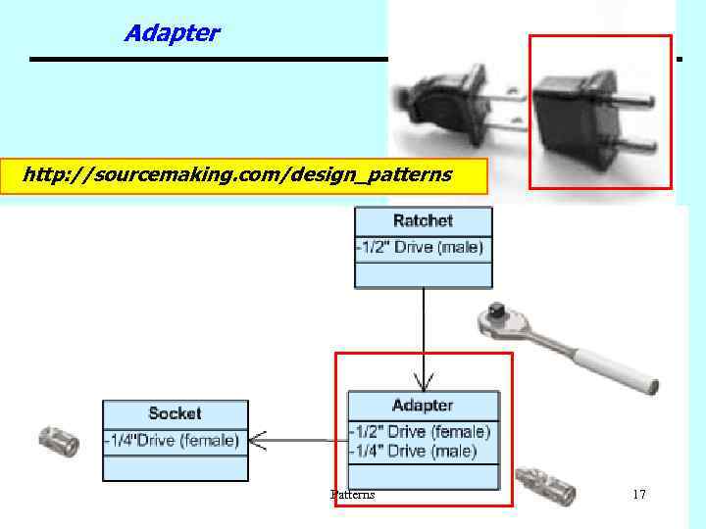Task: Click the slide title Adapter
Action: (x=172, y=33)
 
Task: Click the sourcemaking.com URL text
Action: (x=236, y=175)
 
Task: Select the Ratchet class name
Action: (x=423, y=220)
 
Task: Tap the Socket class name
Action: (x=175, y=413)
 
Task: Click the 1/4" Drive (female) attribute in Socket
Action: (x=173, y=441)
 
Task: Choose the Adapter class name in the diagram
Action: (x=423, y=405)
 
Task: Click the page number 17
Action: (x=639, y=495)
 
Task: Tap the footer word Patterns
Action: (x=352, y=495)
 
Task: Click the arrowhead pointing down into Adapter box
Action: (x=424, y=381)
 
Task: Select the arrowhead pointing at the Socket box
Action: (x=257, y=441)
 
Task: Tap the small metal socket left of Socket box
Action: (x=58, y=442)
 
